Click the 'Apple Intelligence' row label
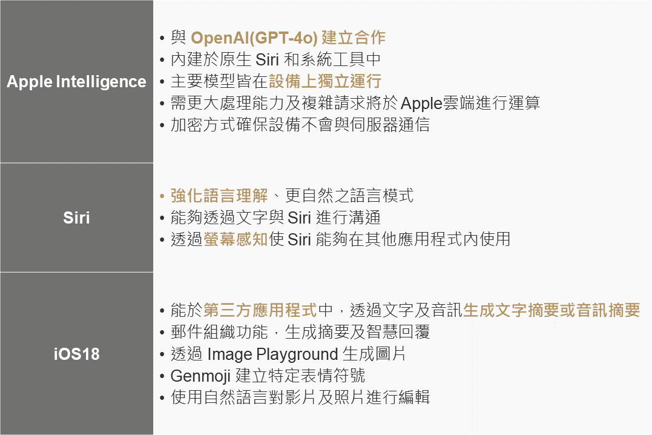(76, 82)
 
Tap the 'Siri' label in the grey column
(76, 217)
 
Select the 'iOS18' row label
(76, 354)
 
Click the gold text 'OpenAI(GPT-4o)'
(254, 38)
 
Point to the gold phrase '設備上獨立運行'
(325, 81)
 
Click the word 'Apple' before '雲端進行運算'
(421, 103)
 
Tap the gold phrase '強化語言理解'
(219, 196)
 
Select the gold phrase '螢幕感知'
(235, 239)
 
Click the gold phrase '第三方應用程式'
(260, 310)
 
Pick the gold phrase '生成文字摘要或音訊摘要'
(552, 310)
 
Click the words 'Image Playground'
(272, 354)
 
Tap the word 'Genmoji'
(200, 376)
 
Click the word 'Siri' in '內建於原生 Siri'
(267, 59)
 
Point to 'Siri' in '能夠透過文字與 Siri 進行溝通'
(300, 217)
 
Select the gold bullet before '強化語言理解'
(162, 196)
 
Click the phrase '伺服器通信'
(390, 124)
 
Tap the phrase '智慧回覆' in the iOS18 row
(398, 332)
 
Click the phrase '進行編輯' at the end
(398, 397)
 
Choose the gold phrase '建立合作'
(354, 38)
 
